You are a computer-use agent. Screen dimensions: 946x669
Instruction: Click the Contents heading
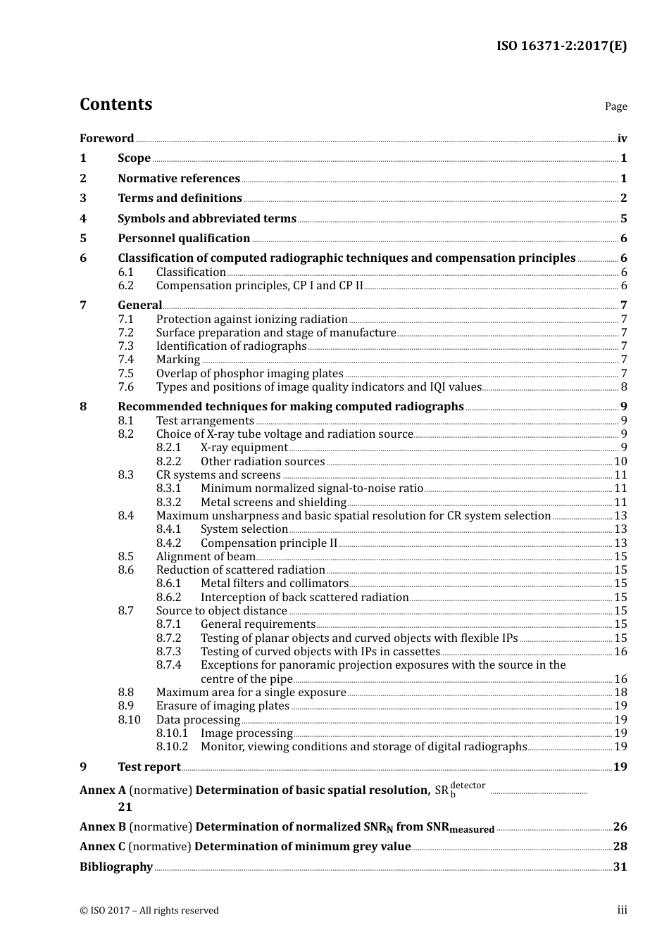click(115, 104)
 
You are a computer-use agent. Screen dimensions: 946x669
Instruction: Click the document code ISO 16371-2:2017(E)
click(561, 46)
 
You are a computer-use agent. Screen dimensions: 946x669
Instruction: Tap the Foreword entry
click(106, 138)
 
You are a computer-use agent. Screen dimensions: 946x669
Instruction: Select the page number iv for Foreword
click(622, 138)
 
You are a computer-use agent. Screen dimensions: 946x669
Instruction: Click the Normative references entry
click(179, 178)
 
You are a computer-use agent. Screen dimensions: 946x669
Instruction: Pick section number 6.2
click(125, 286)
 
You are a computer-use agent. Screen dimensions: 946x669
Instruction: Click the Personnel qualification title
click(184, 238)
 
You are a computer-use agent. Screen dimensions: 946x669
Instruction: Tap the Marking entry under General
click(177, 360)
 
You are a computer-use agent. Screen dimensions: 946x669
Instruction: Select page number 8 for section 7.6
click(623, 386)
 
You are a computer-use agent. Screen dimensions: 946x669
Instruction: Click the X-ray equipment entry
click(244, 448)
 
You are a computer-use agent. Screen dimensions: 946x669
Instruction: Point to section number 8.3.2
click(168, 502)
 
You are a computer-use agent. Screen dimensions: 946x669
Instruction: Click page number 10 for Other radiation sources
click(620, 462)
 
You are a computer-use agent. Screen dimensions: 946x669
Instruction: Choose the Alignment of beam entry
click(205, 557)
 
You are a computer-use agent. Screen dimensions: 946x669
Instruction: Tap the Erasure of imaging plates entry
click(223, 706)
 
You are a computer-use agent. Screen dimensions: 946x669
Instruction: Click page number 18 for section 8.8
click(620, 693)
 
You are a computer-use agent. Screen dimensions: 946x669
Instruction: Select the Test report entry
click(149, 767)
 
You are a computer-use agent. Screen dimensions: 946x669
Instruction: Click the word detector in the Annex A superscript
click(468, 785)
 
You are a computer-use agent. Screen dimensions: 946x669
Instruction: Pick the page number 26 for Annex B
click(620, 826)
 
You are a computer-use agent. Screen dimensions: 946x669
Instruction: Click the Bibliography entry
click(116, 866)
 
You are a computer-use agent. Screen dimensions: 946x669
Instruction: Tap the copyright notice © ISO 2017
click(149, 910)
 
